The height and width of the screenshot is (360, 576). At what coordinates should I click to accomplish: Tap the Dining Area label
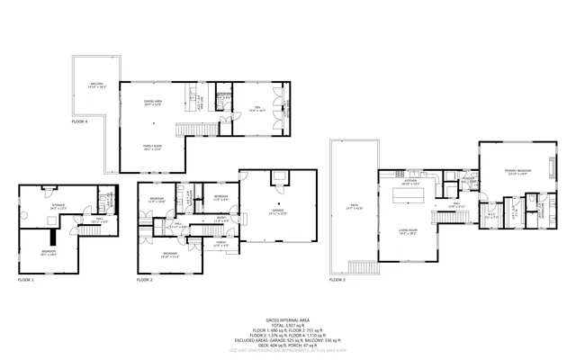[153, 103]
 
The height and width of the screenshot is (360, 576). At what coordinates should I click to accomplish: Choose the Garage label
[277, 213]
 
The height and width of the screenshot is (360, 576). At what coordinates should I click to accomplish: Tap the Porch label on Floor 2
[209, 244]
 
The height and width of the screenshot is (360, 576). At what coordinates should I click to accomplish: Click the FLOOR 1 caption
[27, 281]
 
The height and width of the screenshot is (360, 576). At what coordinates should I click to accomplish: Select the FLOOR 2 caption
[145, 281]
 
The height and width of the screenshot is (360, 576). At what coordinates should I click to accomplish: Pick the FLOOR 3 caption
[337, 280]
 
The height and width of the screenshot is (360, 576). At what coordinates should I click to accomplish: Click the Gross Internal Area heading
[287, 319]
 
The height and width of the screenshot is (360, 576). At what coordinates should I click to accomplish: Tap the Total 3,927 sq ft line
[287, 325]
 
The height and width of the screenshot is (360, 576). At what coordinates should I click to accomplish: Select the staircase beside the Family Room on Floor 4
[192, 127]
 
